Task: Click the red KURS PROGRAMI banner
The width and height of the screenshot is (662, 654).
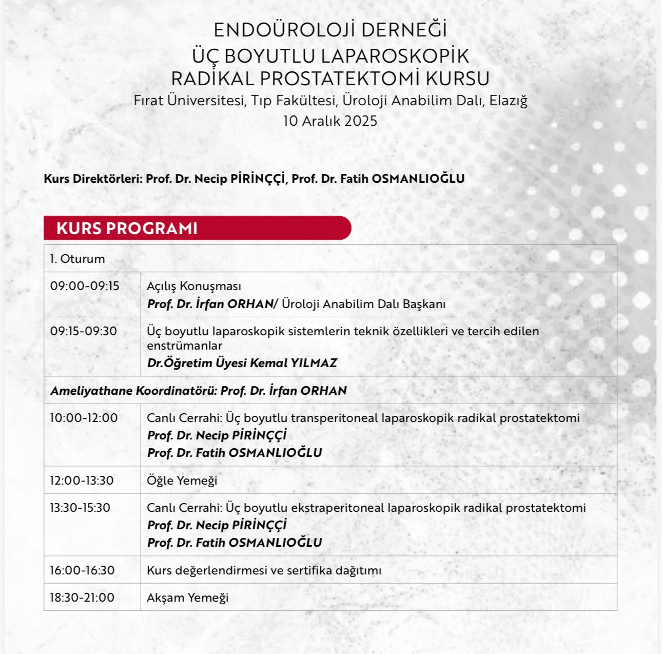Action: pos(198,228)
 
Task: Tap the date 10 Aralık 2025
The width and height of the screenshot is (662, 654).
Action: pos(330,121)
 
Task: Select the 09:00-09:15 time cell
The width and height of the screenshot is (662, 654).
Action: pos(85,286)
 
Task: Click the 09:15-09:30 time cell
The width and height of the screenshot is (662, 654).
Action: pos(84,331)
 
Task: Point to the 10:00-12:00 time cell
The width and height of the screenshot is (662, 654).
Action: pos(84,418)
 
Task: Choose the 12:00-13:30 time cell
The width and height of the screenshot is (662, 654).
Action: pos(82,480)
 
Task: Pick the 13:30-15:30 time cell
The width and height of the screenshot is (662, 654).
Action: pos(80,508)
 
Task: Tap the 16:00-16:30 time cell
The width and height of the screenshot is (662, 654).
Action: pos(82,570)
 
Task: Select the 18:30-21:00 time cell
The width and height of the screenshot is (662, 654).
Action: pos(82,598)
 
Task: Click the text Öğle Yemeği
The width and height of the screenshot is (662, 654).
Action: pos(182,480)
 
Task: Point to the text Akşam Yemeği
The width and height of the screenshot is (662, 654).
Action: pos(188,598)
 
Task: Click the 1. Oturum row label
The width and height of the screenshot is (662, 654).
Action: pos(77,259)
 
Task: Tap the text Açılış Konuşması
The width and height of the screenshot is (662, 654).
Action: pos(194,286)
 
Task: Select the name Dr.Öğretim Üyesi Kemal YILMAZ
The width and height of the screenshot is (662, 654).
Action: pos(242,363)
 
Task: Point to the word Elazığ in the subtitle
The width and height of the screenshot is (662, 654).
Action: pos(508,101)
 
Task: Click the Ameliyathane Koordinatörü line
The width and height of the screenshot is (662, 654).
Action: pos(199,391)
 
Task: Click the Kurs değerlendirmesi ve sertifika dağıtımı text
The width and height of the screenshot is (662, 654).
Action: pos(264,570)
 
